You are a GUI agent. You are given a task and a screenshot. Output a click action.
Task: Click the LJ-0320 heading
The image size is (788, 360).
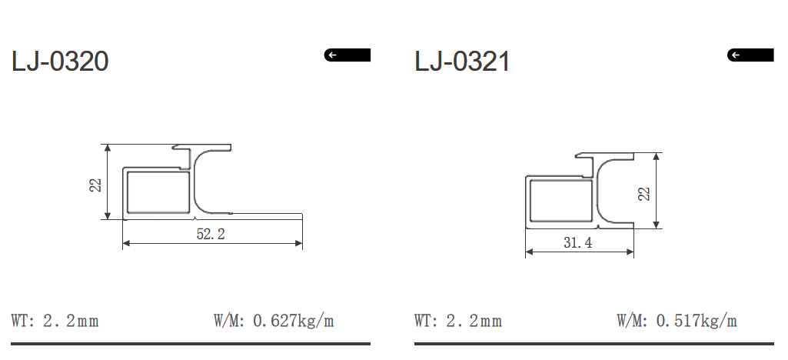coord(60,62)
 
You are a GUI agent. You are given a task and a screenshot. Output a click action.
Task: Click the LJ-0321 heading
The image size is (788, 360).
coord(462,62)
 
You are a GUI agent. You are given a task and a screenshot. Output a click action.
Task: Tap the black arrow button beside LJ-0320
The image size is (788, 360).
coord(347,55)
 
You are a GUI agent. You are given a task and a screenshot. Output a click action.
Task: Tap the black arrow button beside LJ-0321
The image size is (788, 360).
coord(750,55)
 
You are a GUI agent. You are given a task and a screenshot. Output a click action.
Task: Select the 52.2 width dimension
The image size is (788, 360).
coord(211,234)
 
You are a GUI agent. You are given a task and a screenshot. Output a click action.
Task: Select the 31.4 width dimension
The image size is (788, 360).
coord(578,243)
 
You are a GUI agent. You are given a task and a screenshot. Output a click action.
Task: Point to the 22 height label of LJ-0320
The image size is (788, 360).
coord(95,185)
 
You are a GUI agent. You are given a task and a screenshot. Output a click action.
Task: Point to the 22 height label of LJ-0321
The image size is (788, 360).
coord(643,194)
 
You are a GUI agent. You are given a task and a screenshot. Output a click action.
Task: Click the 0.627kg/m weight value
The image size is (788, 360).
coord(293,320)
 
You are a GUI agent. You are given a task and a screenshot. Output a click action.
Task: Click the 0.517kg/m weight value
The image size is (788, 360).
coord(697,320)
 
